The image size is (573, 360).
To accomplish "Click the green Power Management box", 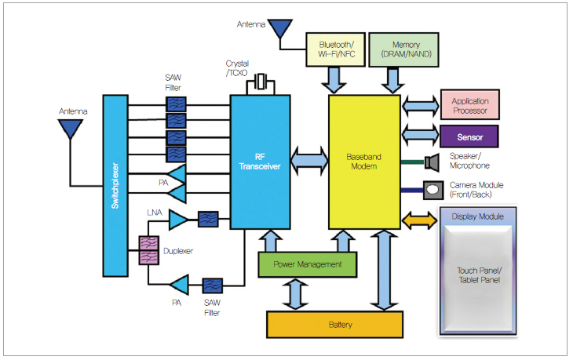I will [x=308, y=264].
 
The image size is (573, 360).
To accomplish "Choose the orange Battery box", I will [x=340, y=323].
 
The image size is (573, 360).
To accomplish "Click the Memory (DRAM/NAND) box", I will [x=400, y=48].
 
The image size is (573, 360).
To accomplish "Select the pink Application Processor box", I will [x=470, y=106].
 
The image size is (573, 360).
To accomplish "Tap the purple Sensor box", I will [x=470, y=136].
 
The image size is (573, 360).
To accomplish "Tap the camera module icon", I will [x=432, y=189].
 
